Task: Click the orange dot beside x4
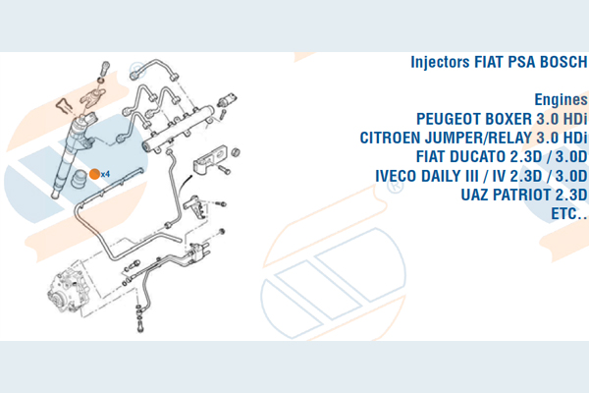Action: [94, 174]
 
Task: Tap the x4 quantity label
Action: [105, 174]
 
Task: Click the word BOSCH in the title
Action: [563, 62]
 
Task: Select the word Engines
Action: [561, 100]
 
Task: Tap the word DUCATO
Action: [479, 157]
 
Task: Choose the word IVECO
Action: [397, 176]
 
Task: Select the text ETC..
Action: [568, 214]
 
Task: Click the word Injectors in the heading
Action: [440, 63]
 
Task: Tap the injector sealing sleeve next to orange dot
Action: [79, 179]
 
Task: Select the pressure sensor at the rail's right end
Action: [228, 99]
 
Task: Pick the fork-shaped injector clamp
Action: [92, 95]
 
